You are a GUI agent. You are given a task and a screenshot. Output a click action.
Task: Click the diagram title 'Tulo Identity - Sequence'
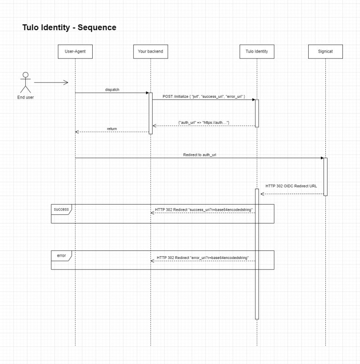[x=69, y=27]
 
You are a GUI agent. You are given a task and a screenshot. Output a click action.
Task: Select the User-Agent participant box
[x=75, y=51]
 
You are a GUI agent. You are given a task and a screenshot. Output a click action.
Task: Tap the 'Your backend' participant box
[x=150, y=51]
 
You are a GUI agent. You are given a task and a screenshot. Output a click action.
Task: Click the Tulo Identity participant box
[x=257, y=51]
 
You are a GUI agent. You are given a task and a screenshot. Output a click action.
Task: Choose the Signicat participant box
[x=325, y=51]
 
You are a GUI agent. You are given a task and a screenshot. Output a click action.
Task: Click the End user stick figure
[x=26, y=82]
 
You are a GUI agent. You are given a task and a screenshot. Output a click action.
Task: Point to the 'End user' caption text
[x=26, y=97]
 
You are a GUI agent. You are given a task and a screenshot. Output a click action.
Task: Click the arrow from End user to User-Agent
[x=51, y=82]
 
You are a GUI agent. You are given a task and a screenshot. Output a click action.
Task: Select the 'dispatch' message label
[x=112, y=90]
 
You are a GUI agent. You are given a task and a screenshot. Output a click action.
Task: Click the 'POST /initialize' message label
[x=204, y=96]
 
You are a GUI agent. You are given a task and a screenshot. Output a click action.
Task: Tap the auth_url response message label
[x=204, y=123]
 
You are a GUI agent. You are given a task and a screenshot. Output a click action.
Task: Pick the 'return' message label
[x=112, y=129]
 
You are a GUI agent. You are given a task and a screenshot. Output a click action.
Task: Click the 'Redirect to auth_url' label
[x=200, y=155]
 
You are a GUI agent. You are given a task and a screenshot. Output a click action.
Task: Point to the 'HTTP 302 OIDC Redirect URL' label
[x=291, y=186]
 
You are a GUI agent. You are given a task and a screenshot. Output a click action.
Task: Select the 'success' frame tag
[x=61, y=209]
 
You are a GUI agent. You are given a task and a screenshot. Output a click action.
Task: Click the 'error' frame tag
[x=61, y=255]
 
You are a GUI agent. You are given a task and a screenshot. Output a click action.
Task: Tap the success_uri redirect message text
[x=203, y=210]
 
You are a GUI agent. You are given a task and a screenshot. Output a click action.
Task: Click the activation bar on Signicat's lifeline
[x=325, y=177]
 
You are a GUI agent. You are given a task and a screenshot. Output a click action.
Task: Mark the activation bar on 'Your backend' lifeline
[x=151, y=113]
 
